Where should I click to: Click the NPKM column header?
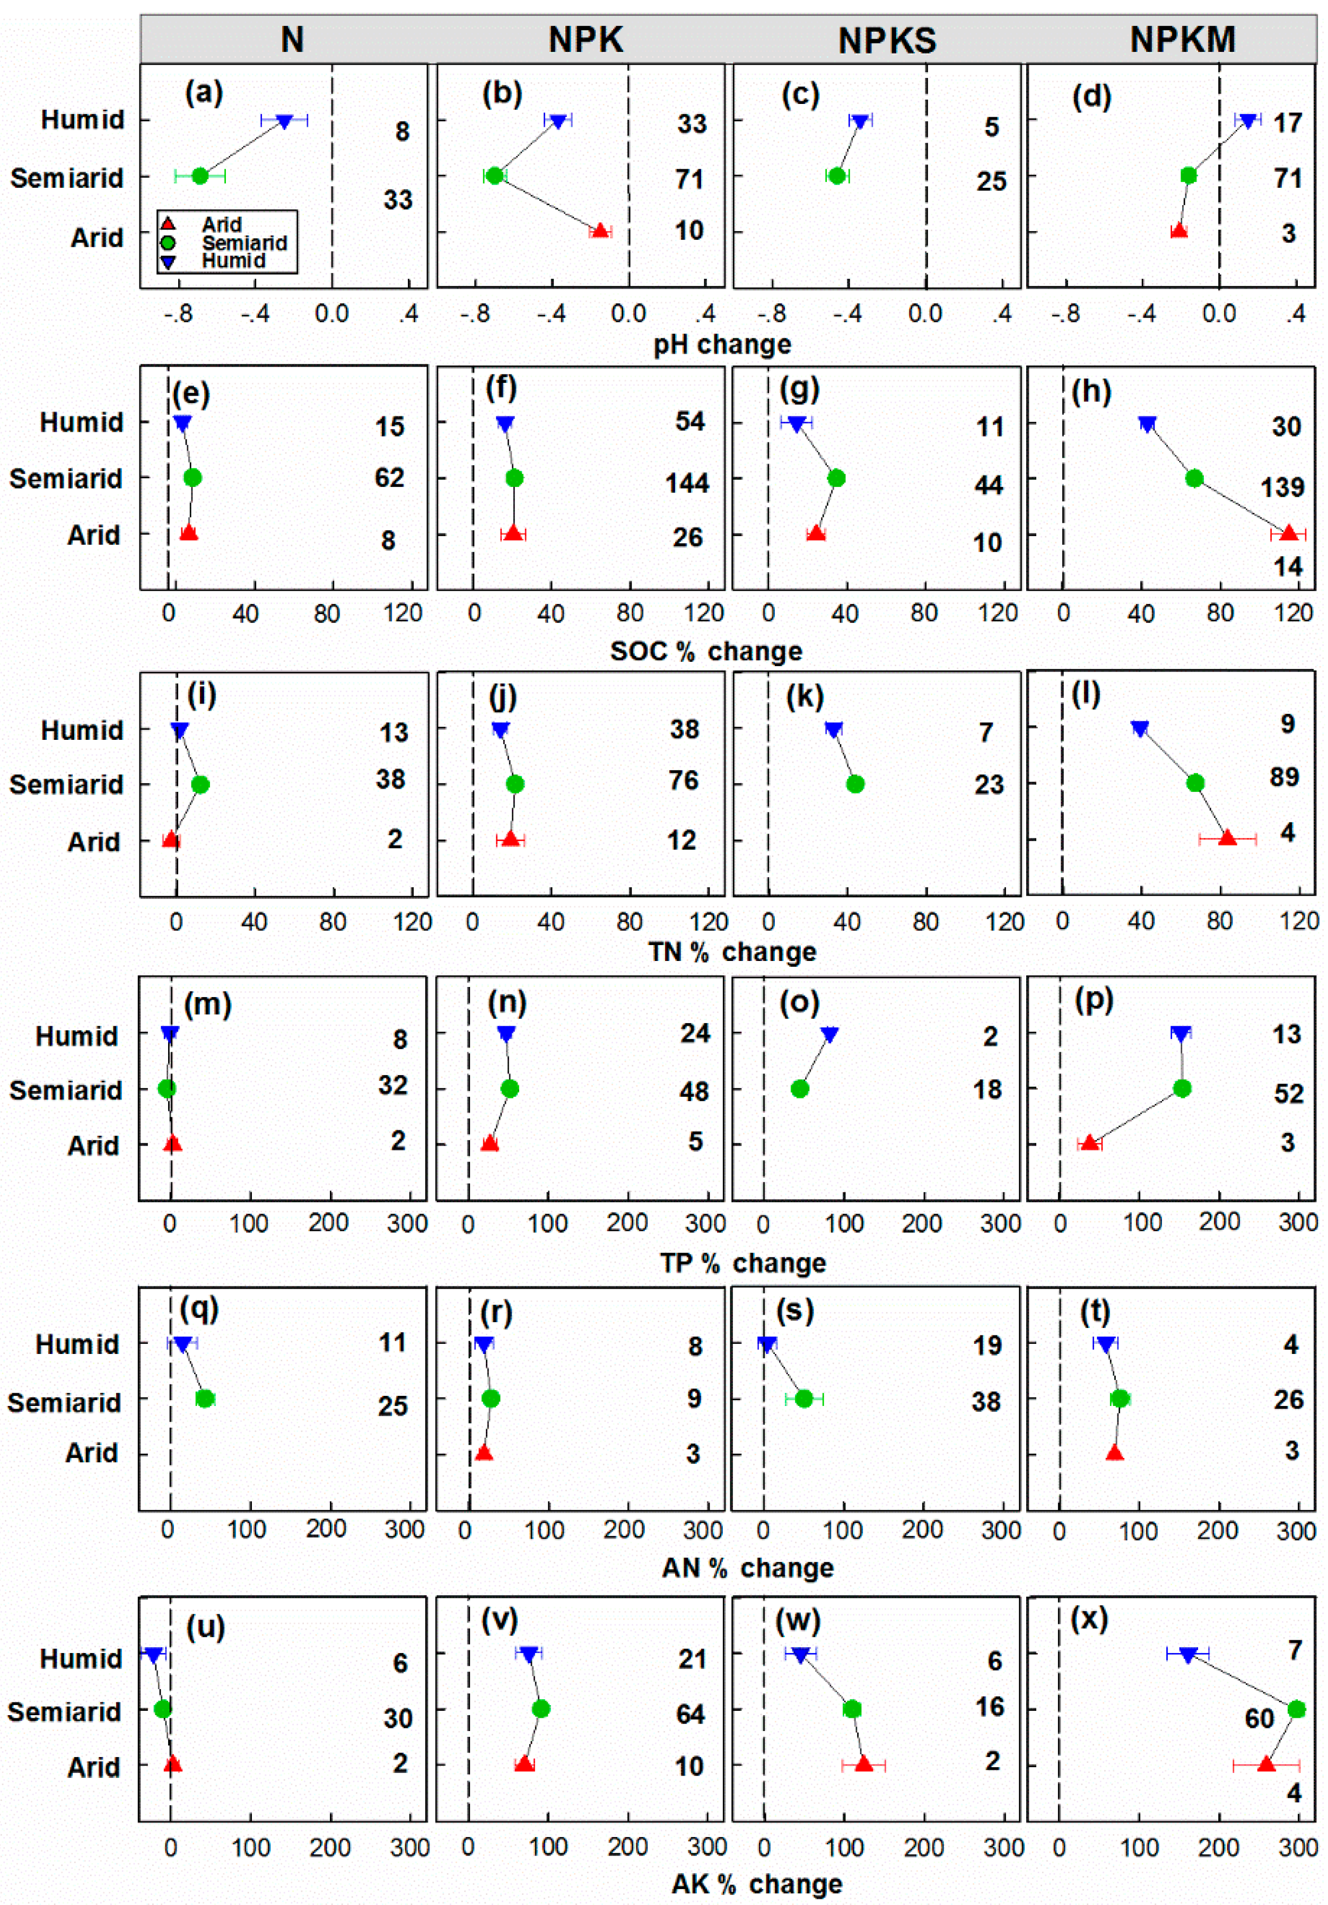[1182, 39]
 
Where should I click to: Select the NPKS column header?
[887, 40]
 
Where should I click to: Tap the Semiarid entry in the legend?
[243, 243]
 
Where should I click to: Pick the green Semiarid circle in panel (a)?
[200, 176]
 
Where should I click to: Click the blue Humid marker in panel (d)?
[1247, 121]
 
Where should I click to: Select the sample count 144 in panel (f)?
[687, 483]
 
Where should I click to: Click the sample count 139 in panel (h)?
[1282, 487]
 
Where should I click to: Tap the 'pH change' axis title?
[722, 344]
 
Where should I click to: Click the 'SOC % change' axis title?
[706, 651]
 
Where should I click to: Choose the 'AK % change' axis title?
[756, 1883]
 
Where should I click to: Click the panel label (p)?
[1093, 1001]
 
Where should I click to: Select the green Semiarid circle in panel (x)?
[1297, 1709]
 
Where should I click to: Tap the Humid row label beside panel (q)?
[77, 1344]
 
